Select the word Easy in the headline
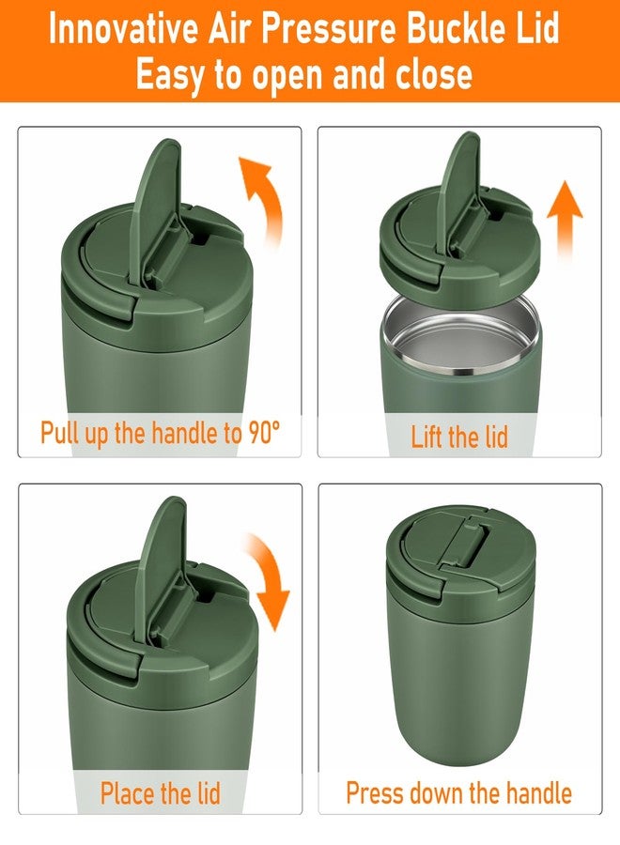click(x=170, y=74)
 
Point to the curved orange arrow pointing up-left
click(x=261, y=199)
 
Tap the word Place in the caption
click(x=127, y=792)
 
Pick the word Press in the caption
click(x=375, y=792)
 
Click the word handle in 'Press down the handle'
click(x=539, y=792)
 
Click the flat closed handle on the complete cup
click(x=466, y=541)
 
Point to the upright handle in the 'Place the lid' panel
click(x=160, y=566)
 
